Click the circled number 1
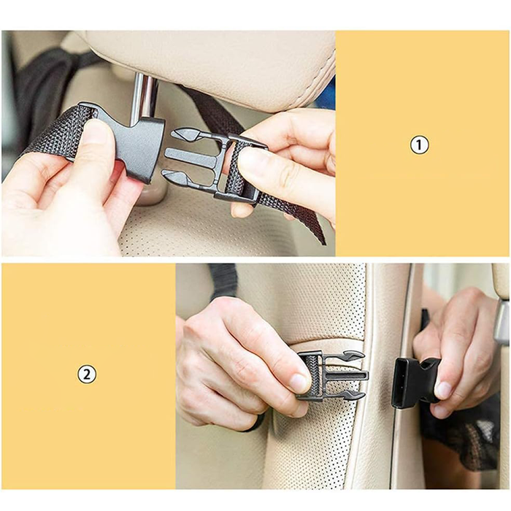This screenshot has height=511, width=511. click(418, 145)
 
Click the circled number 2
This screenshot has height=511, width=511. click(87, 375)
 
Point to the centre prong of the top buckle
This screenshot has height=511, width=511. click(190, 157)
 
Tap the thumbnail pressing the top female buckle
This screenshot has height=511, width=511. click(96, 131)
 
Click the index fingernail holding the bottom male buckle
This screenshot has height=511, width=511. click(300, 382)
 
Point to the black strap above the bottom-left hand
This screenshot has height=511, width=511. click(223, 281)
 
